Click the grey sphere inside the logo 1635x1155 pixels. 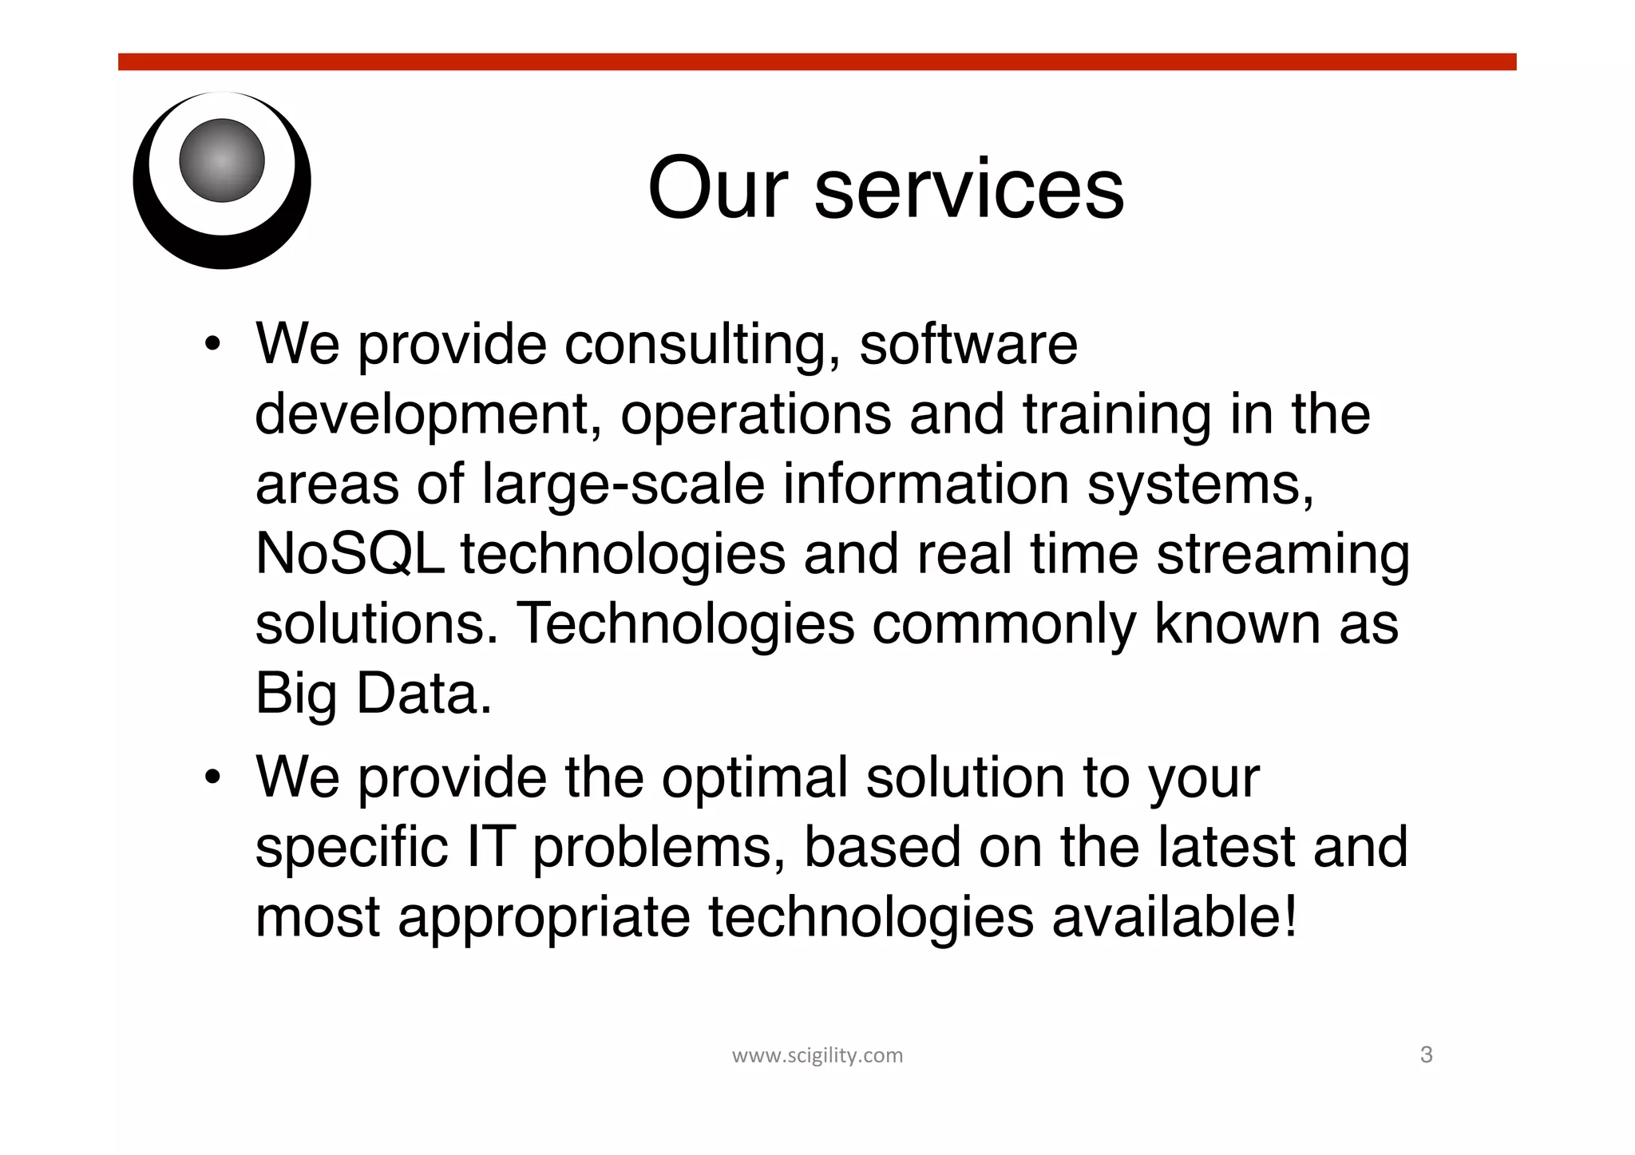point(222,160)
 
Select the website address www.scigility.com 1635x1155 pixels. point(817,1055)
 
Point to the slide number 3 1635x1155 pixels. point(1427,1055)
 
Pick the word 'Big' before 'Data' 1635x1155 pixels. point(295,694)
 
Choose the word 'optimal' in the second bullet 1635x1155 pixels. point(754,778)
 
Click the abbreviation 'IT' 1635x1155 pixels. point(488,846)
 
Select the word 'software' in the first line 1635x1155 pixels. point(968,345)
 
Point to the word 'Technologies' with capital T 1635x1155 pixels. point(687,623)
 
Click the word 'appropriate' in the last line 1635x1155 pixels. point(544,918)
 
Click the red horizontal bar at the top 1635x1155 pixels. point(817,62)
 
